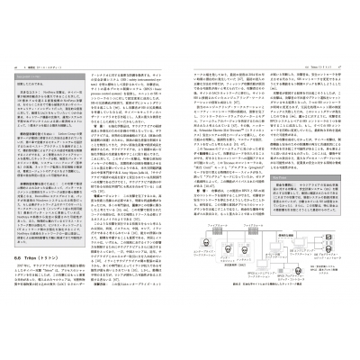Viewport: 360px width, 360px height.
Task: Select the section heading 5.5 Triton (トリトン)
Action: click(64, 257)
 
